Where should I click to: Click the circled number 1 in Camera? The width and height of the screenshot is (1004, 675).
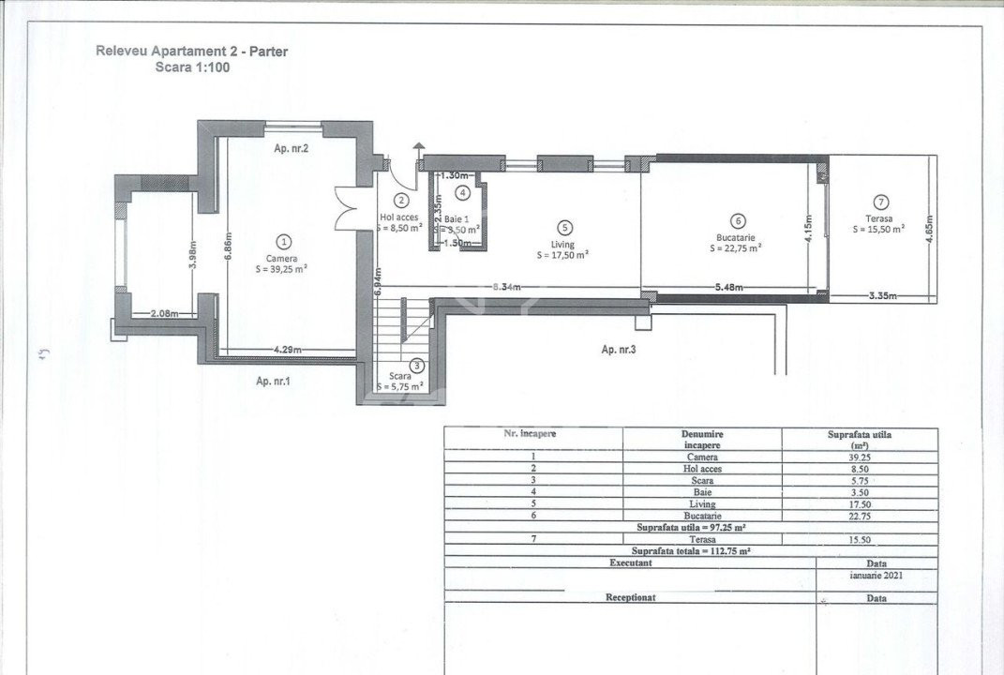tap(286, 242)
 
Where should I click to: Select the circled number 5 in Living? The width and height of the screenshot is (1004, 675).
tap(563, 227)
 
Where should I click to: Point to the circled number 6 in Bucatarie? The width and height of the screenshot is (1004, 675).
tap(738, 221)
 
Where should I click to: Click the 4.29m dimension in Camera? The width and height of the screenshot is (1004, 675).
tap(287, 350)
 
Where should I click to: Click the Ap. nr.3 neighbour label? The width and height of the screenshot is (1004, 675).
tap(620, 349)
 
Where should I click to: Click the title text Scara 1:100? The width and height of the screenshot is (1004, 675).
tap(191, 67)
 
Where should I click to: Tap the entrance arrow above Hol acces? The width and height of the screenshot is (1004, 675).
tap(418, 149)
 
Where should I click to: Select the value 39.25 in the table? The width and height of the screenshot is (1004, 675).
tap(860, 457)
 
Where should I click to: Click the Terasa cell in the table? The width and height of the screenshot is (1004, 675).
tap(702, 539)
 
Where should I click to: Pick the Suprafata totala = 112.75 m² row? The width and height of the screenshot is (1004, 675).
tap(690, 551)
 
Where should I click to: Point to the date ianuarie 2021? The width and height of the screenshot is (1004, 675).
tap(877, 575)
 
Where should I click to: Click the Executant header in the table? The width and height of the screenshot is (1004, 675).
tap(629, 562)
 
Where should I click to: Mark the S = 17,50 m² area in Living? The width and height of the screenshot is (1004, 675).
tap(562, 254)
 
